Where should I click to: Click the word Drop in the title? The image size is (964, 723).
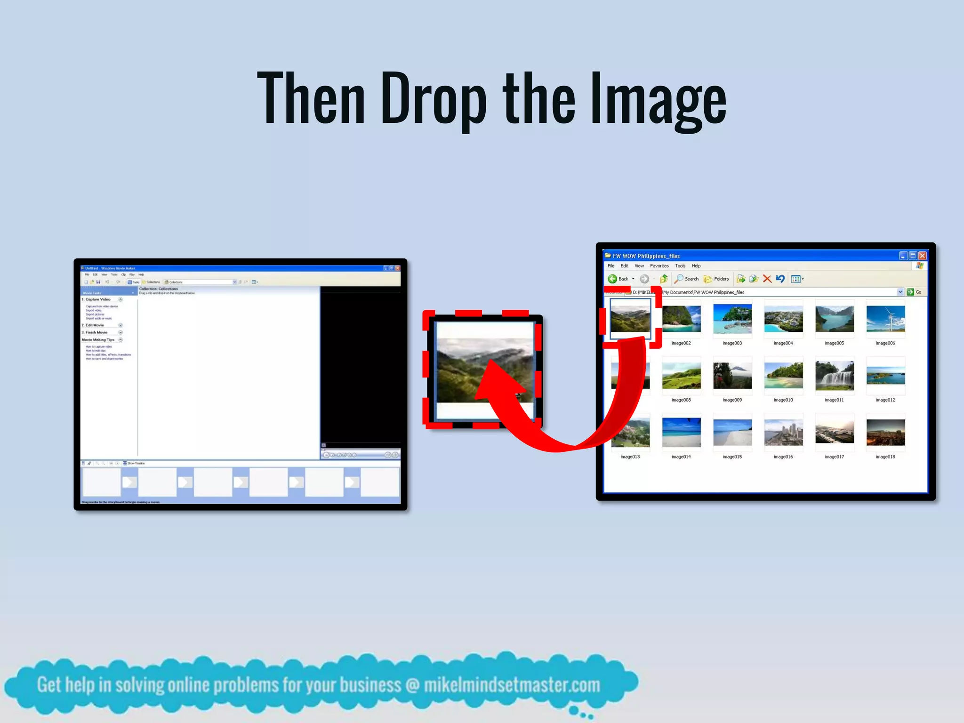click(x=433, y=99)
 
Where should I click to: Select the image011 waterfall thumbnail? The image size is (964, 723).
click(x=834, y=375)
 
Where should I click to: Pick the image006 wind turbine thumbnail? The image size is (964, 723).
click(x=885, y=319)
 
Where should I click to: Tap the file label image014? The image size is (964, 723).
click(x=681, y=457)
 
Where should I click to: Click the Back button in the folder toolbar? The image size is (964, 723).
click(x=619, y=279)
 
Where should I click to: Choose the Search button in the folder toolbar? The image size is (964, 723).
click(x=687, y=279)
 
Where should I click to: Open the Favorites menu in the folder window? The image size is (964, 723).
click(x=659, y=266)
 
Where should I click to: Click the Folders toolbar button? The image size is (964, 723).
click(x=716, y=279)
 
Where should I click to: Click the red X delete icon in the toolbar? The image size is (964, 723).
click(x=767, y=279)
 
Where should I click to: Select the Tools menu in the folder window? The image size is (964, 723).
click(x=680, y=266)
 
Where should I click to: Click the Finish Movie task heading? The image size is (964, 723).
click(x=96, y=332)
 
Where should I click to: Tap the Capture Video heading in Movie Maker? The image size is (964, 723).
click(x=98, y=299)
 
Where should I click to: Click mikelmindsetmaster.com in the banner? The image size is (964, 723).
click(x=512, y=685)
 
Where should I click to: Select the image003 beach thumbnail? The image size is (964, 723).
click(x=732, y=319)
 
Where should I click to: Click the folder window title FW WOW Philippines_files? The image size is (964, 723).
click(x=646, y=256)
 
